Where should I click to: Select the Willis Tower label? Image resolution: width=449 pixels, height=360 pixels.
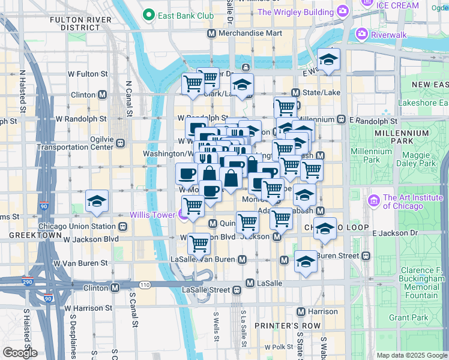coord(152,215)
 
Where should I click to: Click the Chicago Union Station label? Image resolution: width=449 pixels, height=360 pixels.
coord(76,226)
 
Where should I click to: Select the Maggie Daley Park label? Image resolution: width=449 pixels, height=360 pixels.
coord(420,159)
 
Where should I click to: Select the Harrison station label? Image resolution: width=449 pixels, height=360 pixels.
coord(322,311)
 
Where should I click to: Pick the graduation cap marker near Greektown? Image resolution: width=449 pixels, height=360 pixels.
coord(96,202)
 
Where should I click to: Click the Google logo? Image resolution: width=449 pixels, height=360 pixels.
coord(19,352)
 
